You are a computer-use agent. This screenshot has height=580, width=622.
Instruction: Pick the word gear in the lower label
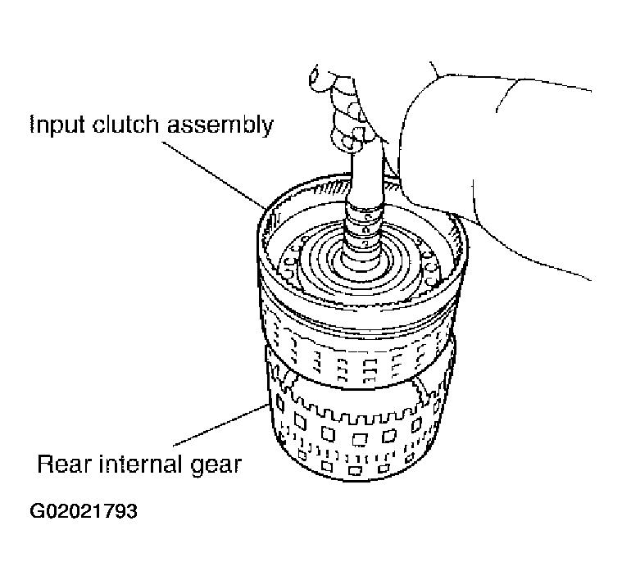216,466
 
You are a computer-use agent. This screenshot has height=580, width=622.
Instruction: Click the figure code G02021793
84,513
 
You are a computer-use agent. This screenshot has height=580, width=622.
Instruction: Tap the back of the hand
426,164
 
